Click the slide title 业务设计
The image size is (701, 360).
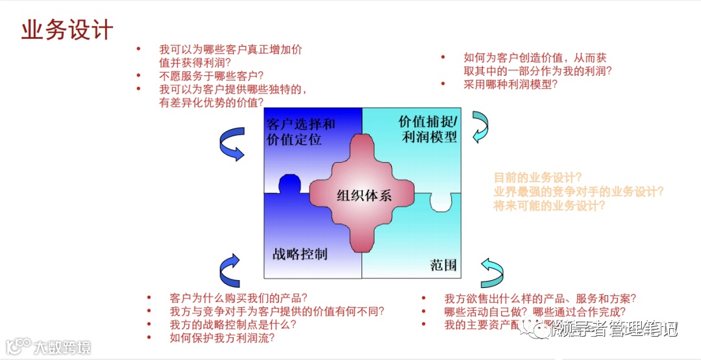click(x=67, y=30)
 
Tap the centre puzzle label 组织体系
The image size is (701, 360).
click(x=364, y=195)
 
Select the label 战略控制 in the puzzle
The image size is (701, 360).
click(x=299, y=253)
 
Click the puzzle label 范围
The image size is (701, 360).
click(x=443, y=265)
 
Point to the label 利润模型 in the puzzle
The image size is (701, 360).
click(x=429, y=137)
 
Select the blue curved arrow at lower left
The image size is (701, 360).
click(x=230, y=270)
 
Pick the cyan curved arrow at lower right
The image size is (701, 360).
click(x=491, y=272)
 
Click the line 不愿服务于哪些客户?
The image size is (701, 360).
click(x=215, y=75)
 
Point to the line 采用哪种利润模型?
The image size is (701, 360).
click(x=510, y=84)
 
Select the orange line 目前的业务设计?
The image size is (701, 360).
click(x=537, y=177)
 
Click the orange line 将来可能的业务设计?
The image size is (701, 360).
click(x=549, y=206)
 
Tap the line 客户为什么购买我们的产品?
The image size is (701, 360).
click(x=238, y=298)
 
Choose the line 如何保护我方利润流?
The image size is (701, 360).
click(x=221, y=337)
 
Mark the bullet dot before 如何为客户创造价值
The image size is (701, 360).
click(x=443, y=57)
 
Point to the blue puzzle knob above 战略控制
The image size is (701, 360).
click(x=289, y=184)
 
